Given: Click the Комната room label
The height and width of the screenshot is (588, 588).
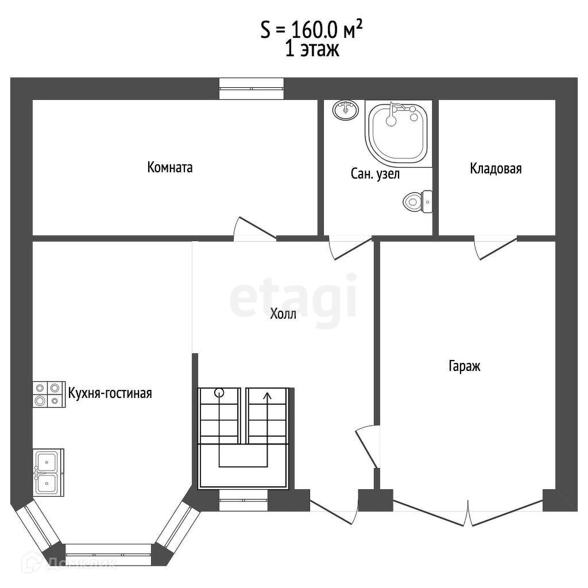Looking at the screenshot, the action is pyautogui.click(x=170, y=167).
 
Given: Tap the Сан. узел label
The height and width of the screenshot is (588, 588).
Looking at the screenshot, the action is pyautogui.click(x=375, y=173).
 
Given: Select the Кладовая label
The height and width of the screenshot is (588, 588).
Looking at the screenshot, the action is pyautogui.click(x=496, y=168).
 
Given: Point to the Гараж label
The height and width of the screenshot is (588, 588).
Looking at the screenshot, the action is pyautogui.click(x=464, y=366).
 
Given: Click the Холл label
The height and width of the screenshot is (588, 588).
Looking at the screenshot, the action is pyautogui.click(x=283, y=314).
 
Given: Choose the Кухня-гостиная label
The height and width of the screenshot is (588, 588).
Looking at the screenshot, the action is pyautogui.click(x=110, y=393).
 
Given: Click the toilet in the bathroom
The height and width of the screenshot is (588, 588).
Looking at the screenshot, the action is pyautogui.click(x=417, y=202).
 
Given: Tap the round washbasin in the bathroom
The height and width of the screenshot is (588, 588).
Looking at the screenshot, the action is pyautogui.click(x=345, y=110).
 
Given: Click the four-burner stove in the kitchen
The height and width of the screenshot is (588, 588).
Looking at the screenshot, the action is pyautogui.click(x=49, y=394).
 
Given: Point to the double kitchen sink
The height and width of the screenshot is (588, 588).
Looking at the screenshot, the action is pyautogui.click(x=48, y=473).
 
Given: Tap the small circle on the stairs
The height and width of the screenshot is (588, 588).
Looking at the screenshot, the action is pyautogui.click(x=219, y=393).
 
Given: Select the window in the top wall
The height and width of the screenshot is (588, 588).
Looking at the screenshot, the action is pyautogui.click(x=252, y=88).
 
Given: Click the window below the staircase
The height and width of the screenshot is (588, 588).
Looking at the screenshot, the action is pyautogui.click(x=243, y=500).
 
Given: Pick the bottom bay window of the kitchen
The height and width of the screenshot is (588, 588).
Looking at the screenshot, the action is pyautogui.click(x=109, y=555).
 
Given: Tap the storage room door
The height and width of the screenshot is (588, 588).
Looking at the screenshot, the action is pyautogui.click(x=496, y=247).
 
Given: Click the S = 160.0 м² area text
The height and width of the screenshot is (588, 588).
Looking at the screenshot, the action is pyautogui.click(x=312, y=30).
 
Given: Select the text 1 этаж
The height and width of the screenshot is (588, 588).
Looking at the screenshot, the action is pyautogui.click(x=312, y=49).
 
